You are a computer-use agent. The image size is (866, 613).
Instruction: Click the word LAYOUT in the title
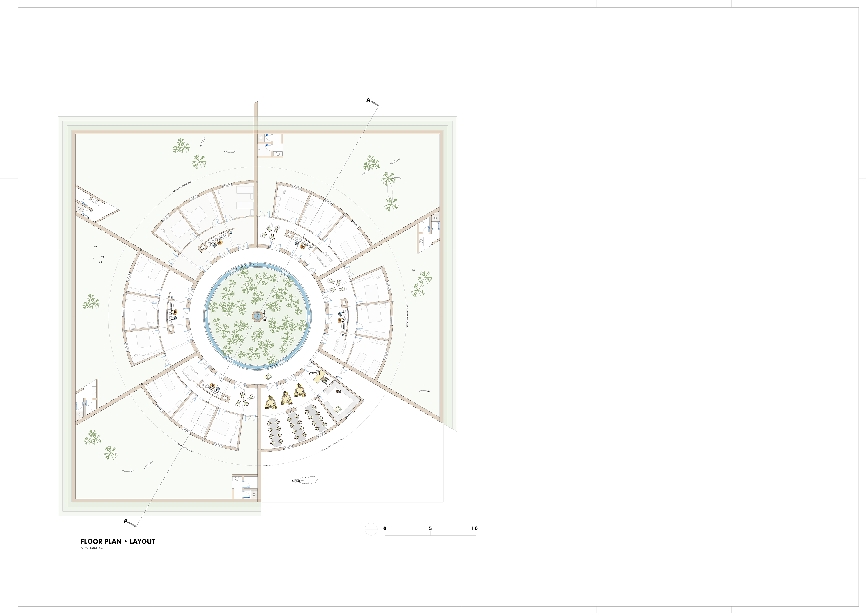coord(142,541)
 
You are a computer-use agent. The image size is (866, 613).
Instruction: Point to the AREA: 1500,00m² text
coord(92,548)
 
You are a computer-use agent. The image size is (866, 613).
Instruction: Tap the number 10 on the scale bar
coord(474,528)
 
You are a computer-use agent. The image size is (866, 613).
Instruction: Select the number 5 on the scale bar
coord(430,528)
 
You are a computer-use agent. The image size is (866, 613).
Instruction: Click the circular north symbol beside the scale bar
coord(371,529)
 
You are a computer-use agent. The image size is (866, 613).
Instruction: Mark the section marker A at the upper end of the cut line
coord(368,100)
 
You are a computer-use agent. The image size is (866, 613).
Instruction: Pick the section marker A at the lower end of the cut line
coord(126,521)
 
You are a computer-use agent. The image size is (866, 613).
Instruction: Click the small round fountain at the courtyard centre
coord(257,316)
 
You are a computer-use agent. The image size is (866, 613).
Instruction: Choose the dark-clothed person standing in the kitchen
coord(338,392)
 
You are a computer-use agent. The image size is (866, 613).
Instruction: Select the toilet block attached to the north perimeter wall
coord(270,145)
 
